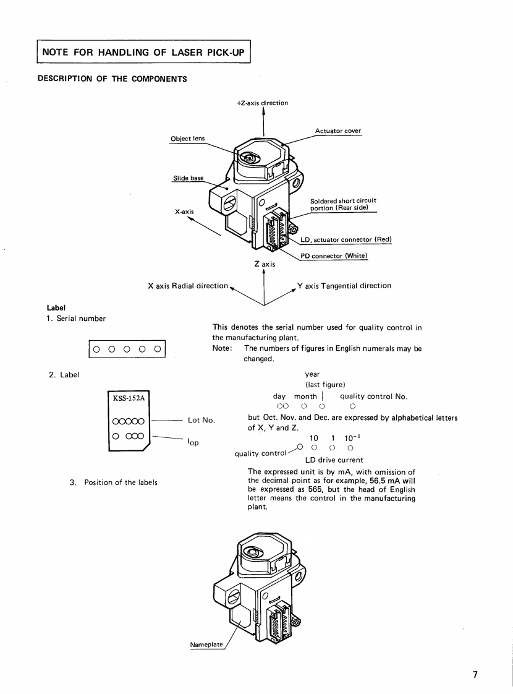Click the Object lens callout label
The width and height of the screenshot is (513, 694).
tap(187, 139)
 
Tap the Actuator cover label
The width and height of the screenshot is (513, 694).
tap(338, 131)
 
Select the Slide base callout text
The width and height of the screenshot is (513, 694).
tap(187, 178)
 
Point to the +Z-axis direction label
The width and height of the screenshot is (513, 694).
tap(263, 103)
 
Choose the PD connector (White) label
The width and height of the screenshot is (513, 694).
tap(334, 257)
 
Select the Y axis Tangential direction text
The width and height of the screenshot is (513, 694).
tap(344, 286)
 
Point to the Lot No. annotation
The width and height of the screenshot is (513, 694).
tap(201, 421)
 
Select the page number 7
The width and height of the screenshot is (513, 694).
tap(475, 675)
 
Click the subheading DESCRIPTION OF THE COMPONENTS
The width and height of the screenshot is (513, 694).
tap(112, 79)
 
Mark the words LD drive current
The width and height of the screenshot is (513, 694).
tap(334, 460)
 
